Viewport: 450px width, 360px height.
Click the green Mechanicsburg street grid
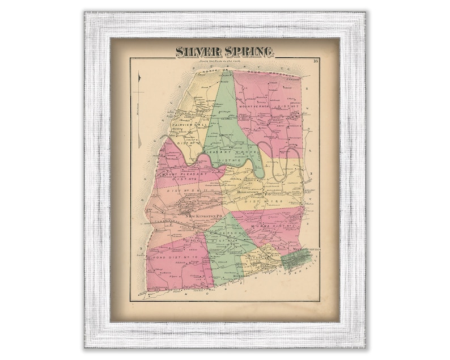[297, 259]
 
